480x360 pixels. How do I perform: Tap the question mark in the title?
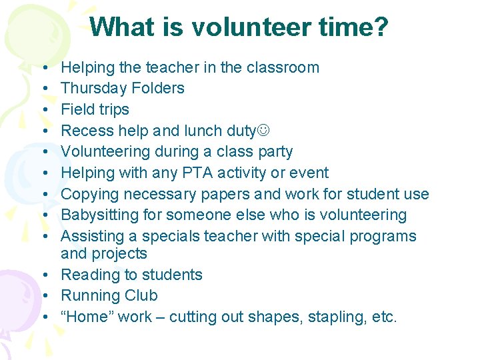(381, 27)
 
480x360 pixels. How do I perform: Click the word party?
(273, 151)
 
